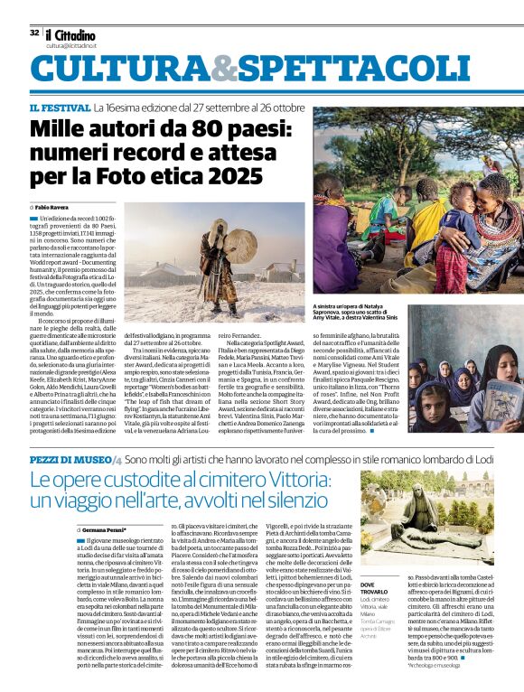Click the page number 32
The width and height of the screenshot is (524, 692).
34,33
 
